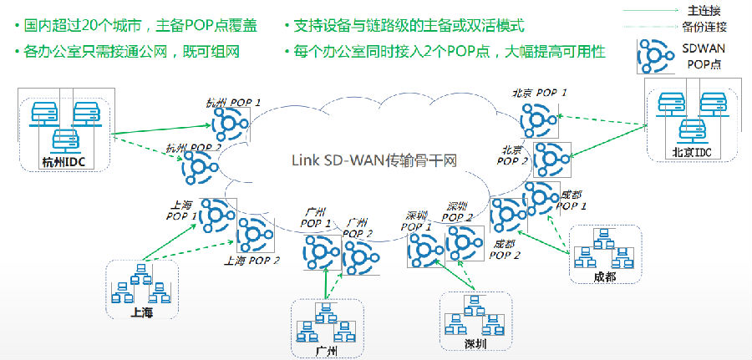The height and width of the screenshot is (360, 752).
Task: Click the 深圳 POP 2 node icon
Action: coord(463,242)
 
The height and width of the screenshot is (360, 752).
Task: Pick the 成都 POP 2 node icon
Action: coord(507,215)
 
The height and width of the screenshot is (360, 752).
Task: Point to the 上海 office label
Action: coord(142,312)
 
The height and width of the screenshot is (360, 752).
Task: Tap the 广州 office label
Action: coord(328,350)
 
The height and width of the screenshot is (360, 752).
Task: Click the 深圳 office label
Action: coord(475,343)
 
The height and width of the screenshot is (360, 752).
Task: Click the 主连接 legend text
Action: coord(701,11)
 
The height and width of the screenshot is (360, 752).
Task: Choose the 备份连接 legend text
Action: coord(701,27)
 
